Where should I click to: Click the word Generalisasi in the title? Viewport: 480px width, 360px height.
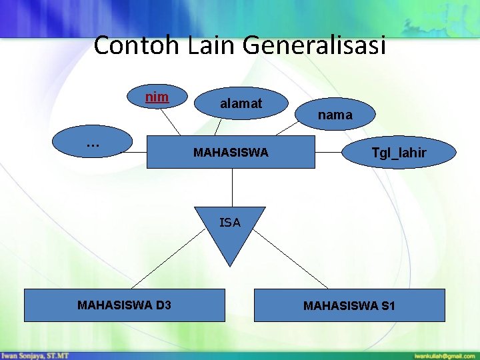click(314, 46)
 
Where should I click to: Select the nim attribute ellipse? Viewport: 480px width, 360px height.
click(157, 97)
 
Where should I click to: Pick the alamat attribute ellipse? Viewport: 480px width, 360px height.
click(241, 103)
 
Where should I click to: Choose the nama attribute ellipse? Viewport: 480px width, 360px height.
click(335, 115)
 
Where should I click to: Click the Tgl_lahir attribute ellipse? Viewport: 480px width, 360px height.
click(399, 153)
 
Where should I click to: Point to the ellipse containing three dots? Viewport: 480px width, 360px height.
click(93, 142)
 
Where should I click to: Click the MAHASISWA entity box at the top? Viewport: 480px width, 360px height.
click(231, 153)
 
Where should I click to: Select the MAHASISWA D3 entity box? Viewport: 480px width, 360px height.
click(124, 305)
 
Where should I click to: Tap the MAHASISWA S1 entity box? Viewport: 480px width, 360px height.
click(349, 305)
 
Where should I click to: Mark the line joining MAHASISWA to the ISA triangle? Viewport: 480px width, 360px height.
click(232, 187)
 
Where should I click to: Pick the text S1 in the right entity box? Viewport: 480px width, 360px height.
click(387, 306)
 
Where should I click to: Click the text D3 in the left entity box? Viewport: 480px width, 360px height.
click(163, 305)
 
